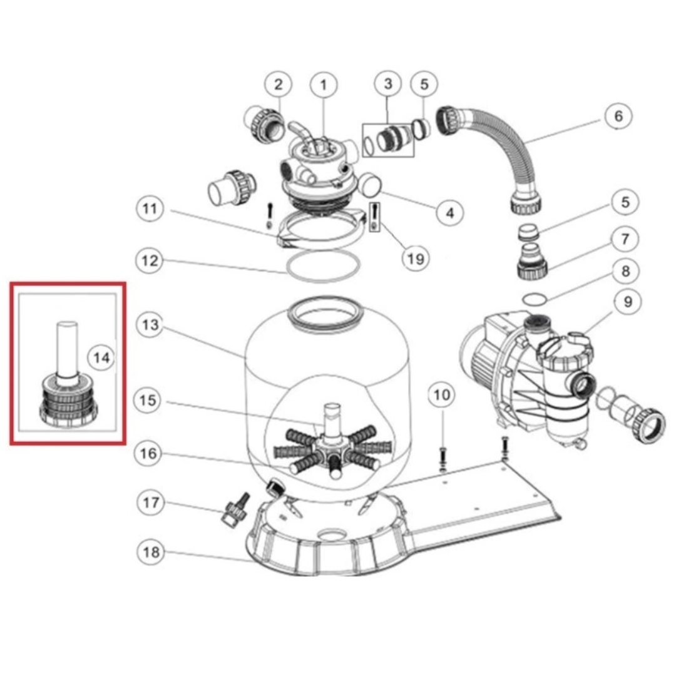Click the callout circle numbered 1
(x=324, y=85)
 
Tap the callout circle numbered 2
(x=279, y=84)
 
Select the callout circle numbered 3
(x=388, y=84)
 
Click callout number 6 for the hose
(x=618, y=116)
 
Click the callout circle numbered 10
(x=442, y=395)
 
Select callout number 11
(x=149, y=209)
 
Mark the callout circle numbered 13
(x=149, y=325)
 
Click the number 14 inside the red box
(x=101, y=357)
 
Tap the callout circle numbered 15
(x=149, y=399)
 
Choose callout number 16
(x=149, y=453)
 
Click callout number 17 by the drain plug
(x=149, y=503)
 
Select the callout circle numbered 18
(x=149, y=552)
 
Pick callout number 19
(x=415, y=257)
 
